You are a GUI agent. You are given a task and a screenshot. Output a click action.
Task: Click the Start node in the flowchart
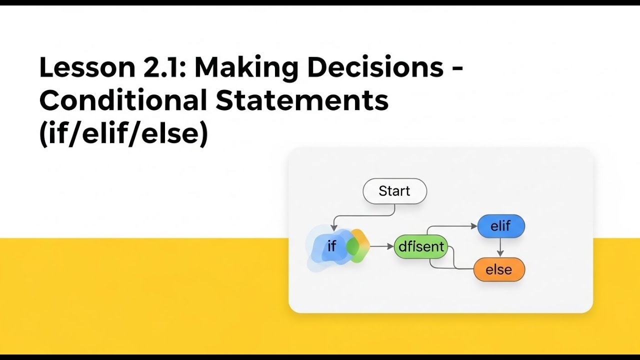coord(394,191)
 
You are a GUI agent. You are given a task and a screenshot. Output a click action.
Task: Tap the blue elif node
coord(500,226)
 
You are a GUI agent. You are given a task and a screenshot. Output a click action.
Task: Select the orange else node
coord(498,270)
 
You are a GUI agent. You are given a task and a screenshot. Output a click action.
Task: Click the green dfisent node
coord(420,246)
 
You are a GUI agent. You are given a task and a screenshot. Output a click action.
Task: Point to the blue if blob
coord(327,246)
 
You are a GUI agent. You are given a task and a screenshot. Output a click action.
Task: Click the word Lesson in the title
coord(83,67)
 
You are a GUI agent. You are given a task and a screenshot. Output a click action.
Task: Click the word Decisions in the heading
coord(375,67)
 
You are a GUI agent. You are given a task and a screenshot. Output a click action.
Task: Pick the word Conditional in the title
coord(123,100)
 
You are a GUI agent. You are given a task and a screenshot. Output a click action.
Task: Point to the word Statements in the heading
coord(302,100)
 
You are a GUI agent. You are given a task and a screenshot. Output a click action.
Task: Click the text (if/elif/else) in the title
coord(123,133)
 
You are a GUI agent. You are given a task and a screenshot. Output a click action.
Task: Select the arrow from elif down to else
coord(500,247)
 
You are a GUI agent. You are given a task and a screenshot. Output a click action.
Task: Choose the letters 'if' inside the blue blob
coord(331,246)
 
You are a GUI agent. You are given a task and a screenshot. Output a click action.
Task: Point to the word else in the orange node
coord(498,270)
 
